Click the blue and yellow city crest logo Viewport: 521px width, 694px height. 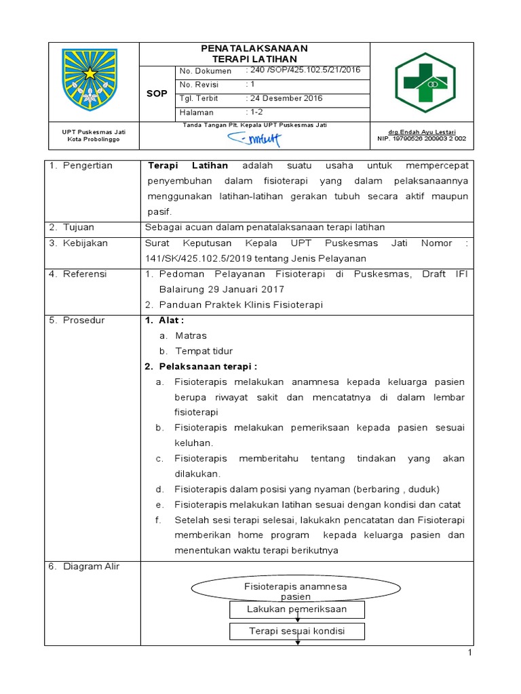point(90,79)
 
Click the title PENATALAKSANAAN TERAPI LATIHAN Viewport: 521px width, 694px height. point(254,54)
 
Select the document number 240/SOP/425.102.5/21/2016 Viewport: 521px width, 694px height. point(305,70)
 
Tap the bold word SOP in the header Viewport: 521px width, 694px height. point(157,94)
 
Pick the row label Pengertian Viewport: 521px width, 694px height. point(88,165)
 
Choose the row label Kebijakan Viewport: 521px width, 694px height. point(85,243)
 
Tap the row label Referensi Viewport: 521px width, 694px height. point(86,274)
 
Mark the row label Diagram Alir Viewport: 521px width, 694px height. point(90,567)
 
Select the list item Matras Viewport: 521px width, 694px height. point(191,335)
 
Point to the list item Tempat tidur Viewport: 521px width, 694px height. point(204,351)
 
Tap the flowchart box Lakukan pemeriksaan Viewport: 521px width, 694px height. point(298,609)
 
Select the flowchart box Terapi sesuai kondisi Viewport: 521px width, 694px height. point(297,631)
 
